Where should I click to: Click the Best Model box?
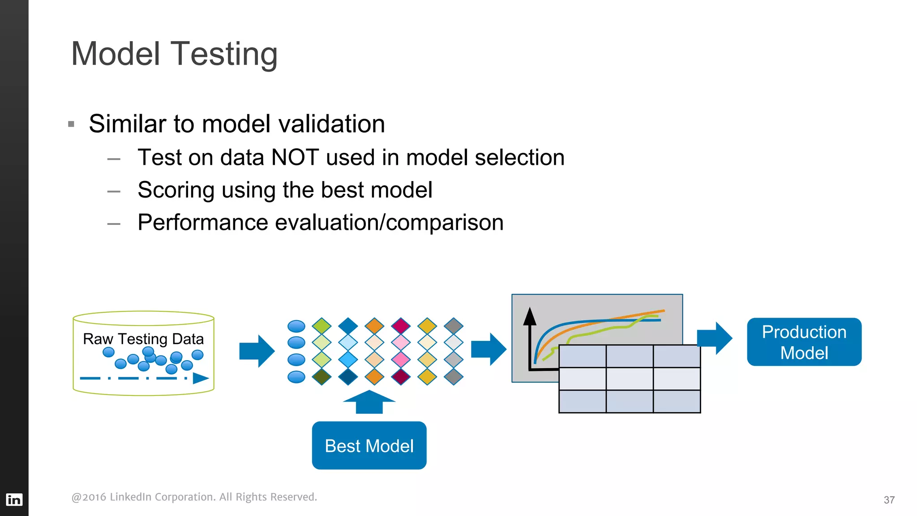coord(369,445)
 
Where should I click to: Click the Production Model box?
coord(804,342)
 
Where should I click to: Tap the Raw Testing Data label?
coord(143,339)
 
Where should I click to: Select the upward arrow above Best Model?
coord(369,402)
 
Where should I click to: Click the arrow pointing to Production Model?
coord(715,338)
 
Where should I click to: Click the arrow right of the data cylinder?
coord(257,351)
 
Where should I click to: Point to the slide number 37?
coord(889,500)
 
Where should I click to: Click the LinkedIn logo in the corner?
coord(14,499)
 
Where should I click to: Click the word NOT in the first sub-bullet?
coord(295,158)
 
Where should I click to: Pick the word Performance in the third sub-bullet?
coord(202,223)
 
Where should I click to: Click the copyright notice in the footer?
coord(194,497)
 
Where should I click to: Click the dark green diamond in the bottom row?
coord(321,377)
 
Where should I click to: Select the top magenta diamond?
coord(401,326)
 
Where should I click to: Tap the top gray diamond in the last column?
coord(454,326)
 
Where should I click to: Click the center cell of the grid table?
coord(629,378)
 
